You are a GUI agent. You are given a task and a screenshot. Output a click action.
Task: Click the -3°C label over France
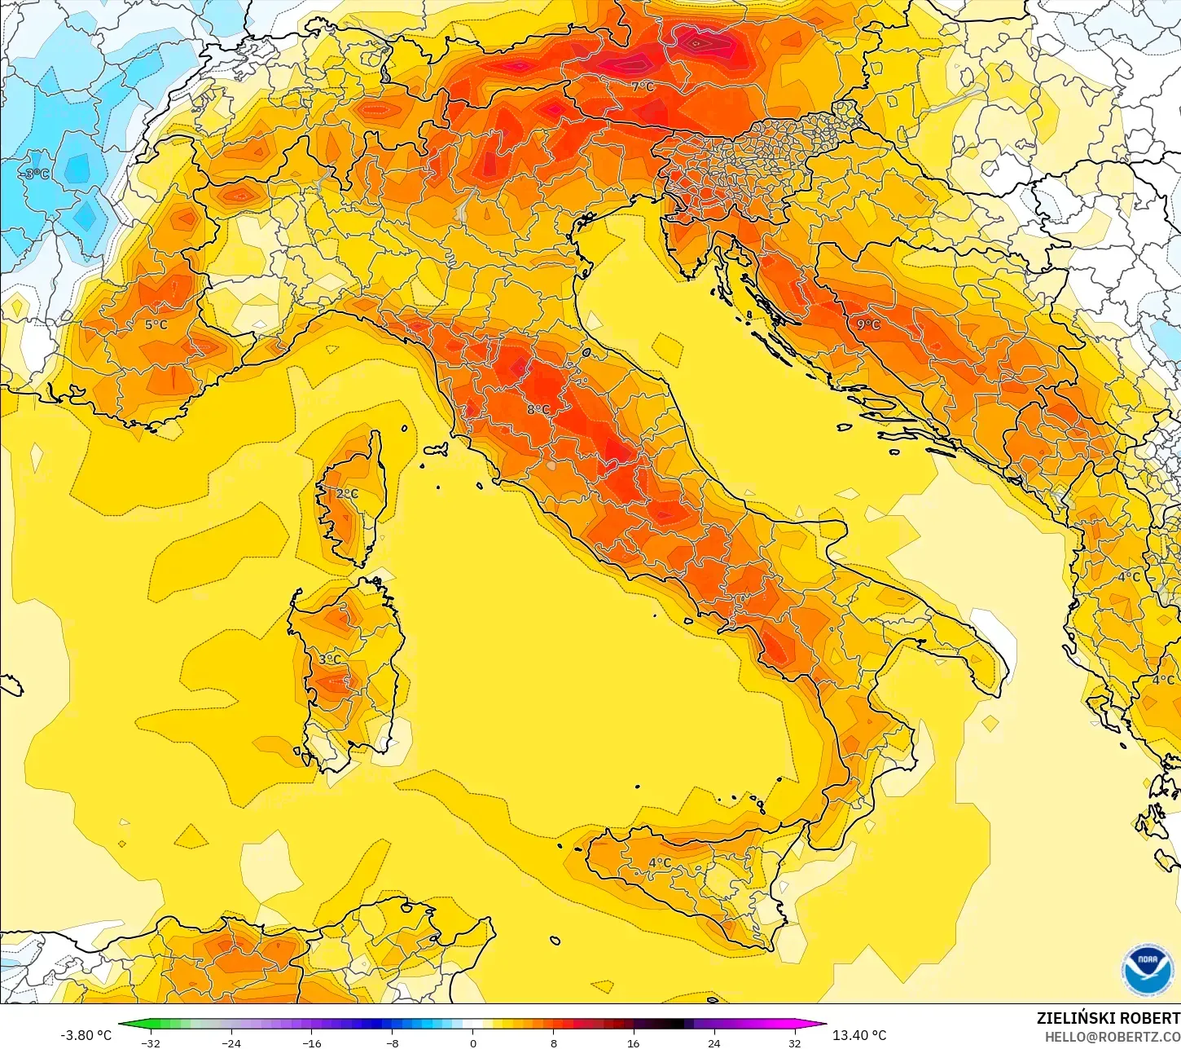pos(35,174)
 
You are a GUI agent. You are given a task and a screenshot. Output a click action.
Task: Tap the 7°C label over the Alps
pos(643,86)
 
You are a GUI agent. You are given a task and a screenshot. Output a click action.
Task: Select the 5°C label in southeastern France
pos(156,324)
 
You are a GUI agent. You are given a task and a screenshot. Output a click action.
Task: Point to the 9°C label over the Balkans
pos(868,324)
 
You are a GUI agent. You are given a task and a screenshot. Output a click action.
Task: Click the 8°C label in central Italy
pos(538,409)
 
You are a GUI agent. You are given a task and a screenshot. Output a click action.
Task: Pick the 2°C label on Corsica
pos(347,494)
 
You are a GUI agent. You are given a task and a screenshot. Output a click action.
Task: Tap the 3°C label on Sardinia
pos(330,659)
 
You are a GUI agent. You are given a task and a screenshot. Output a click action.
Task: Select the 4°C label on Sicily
pos(660,862)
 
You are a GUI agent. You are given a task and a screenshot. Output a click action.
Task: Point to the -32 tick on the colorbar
pos(151,1042)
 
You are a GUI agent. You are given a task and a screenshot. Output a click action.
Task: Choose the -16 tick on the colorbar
pos(312,1042)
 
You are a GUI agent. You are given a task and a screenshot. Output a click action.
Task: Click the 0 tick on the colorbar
pos(473,1042)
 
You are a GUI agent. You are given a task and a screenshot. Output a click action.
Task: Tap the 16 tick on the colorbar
pos(634,1042)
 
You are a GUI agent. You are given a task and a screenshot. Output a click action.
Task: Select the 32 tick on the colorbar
pos(794,1042)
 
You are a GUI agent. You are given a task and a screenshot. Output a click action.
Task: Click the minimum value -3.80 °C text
pos(86,1035)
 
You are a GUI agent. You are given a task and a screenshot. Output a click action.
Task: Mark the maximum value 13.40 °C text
pos(859,1035)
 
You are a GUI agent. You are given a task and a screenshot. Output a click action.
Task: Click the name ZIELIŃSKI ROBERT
pos(1108,1018)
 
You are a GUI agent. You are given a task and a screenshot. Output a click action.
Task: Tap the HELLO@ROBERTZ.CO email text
pos(1113,1036)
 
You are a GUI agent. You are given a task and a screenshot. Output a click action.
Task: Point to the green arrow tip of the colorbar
pos(122,1025)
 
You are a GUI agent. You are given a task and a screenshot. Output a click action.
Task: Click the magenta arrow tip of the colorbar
pos(823,1025)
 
